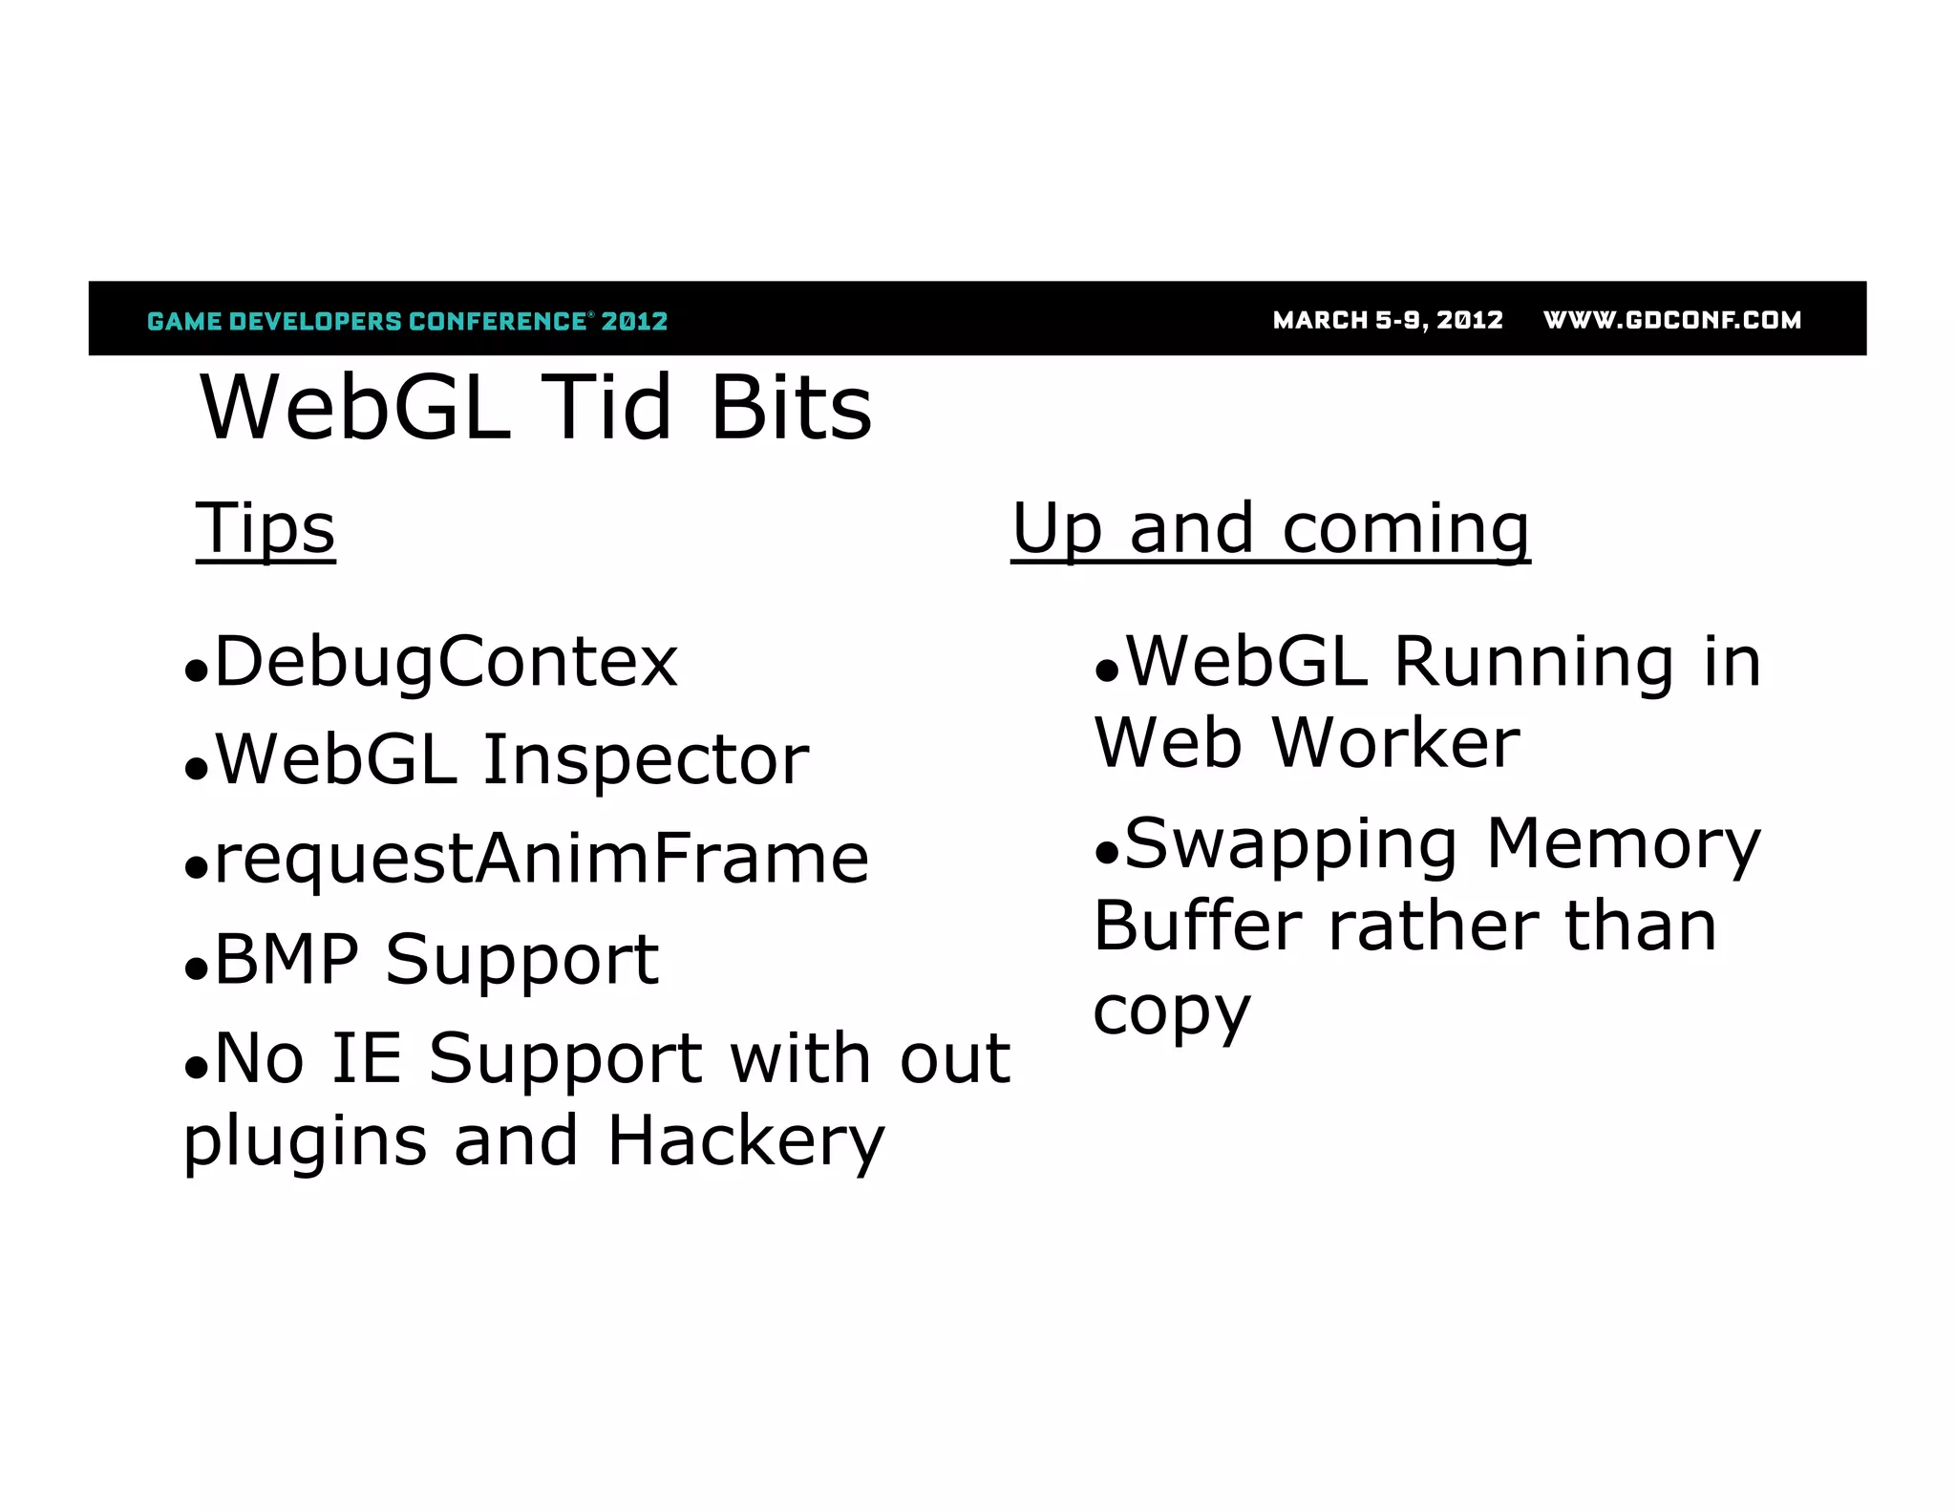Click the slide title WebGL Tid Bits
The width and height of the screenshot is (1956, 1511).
pos(535,409)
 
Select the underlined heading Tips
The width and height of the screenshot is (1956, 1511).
pos(266,528)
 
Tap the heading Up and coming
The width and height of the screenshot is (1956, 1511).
pos(1270,528)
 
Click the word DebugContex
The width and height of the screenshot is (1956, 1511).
pos(446,662)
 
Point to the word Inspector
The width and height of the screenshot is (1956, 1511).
pos(646,760)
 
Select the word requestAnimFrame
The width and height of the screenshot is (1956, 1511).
pos(542,859)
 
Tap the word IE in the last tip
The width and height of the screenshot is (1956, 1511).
pos(366,1058)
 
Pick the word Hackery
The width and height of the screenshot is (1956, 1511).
pos(746,1140)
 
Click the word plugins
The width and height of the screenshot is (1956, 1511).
pos(305,1140)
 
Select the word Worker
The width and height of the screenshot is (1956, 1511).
pos(1395,743)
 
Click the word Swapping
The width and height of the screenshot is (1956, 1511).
pos(1290,844)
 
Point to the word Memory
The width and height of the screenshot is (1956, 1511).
pos(1623,844)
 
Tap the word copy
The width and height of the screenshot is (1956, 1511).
pos(1171,1011)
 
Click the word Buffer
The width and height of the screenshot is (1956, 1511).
pos(1198,926)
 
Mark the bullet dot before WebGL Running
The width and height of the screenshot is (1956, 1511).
pos(1106,672)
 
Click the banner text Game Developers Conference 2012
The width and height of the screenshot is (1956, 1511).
pos(408,321)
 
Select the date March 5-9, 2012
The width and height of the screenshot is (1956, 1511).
pos(1388,320)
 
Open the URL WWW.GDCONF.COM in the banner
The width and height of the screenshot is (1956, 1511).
pos(1672,320)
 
